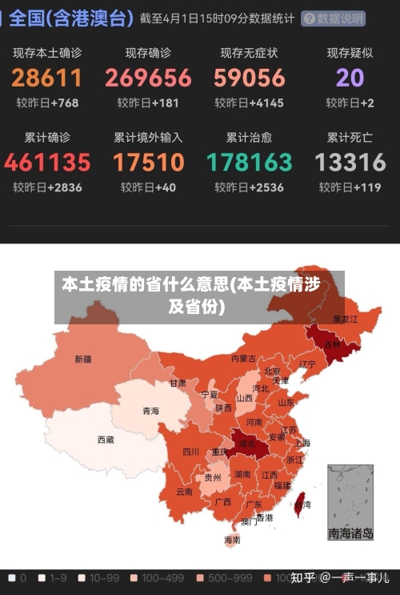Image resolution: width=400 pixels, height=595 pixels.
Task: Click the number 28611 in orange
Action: point(47,78)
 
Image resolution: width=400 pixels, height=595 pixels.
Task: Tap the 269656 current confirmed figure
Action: point(148,78)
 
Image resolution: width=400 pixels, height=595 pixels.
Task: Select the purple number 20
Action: point(350,78)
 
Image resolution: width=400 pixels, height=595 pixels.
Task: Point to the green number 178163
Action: point(250,163)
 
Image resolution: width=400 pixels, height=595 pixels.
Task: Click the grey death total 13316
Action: point(350,163)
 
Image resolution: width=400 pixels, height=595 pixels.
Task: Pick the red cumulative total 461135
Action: point(47,163)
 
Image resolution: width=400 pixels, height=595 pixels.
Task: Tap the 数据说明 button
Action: point(334,18)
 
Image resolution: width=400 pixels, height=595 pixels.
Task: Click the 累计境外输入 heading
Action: point(148,137)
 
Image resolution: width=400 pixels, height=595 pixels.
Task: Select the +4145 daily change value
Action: point(266,103)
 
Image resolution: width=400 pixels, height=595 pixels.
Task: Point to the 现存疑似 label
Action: point(350,53)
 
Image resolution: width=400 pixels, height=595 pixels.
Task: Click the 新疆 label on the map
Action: point(82,359)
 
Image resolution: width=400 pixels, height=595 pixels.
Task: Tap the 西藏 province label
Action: point(106,440)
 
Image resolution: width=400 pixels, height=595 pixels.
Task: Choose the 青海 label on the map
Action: point(150,411)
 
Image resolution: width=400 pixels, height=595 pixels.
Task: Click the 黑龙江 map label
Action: point(346,319)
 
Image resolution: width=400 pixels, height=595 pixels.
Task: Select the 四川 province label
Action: point(190,451)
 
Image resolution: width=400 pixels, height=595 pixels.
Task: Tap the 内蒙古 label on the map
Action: point(243,358)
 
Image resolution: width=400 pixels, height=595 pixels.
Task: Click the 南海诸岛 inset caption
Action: point(350,533)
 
